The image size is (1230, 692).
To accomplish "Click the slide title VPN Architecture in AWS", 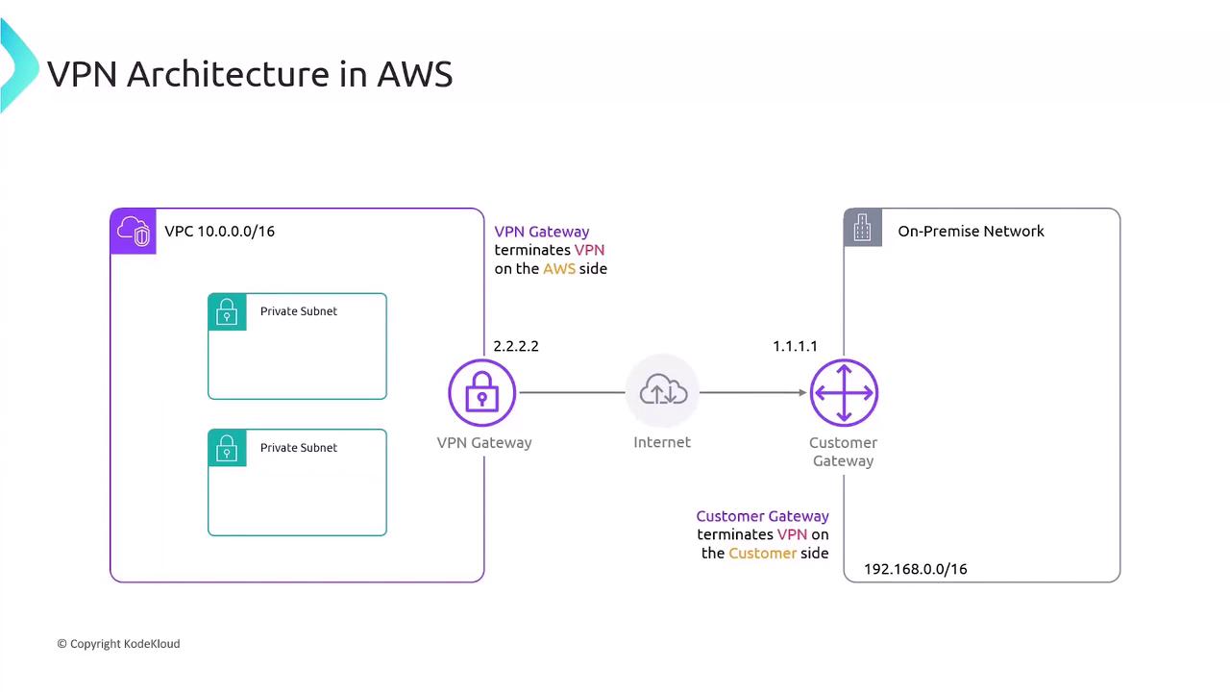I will [250, 74].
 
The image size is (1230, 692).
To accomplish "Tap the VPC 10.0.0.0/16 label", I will [219, 231].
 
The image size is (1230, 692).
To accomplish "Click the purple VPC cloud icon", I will [134, 232].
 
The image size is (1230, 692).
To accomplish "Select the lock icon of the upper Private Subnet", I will [227, 312].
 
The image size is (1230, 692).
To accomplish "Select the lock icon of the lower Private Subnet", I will [227, 448].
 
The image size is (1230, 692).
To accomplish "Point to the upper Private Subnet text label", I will [298, 311].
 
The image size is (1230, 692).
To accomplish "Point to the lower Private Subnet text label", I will [298, 448].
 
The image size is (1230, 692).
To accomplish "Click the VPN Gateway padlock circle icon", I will [482, 392].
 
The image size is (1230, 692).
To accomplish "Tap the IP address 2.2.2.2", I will [516, 346].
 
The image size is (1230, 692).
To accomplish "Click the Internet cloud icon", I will [663, 391].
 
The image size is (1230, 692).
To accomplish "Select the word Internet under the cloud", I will [662, 442].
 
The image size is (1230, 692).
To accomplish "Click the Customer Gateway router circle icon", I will [844, 392].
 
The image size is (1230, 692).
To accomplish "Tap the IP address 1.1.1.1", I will [795, 346].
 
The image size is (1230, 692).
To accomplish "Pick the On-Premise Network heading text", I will [971, 231].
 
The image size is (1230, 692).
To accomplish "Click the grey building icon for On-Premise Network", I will [862, 229].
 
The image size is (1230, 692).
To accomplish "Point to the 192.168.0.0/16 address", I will [915, 569].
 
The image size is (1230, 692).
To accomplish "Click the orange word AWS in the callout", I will [559, 269].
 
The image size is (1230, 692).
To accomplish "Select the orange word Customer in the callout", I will [762, 554].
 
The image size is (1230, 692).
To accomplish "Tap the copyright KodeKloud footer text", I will [118, 644].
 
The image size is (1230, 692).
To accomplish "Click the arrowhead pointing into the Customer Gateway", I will [801, 392].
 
